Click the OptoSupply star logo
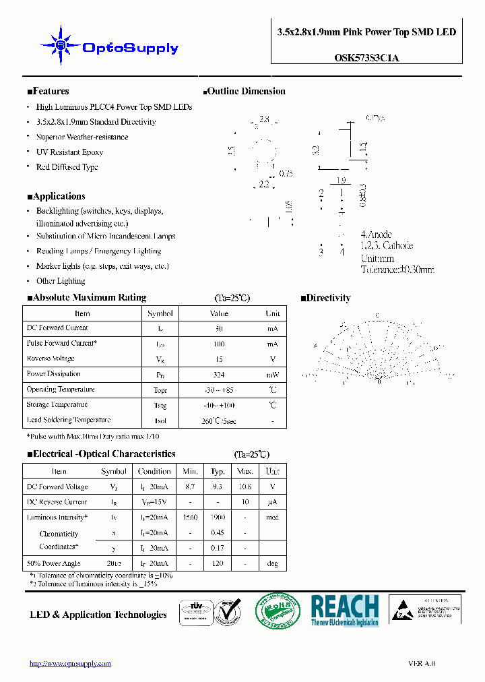point(61,46)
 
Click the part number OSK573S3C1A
point(367,58)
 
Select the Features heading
point(48,92)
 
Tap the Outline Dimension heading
point(244,92)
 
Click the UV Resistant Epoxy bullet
point(69,152)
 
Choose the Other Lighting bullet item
point(61,281)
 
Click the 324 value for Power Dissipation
point(219,375)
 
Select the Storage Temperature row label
point(57,405)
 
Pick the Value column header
point(219,313)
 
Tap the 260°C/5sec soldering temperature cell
point(219,421)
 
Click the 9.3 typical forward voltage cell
point(218,487)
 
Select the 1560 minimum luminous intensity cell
point(190,518)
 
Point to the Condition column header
point(154,472)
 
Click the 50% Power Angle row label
point(53,563)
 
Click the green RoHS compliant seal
point(277,611)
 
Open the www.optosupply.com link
point(70,664)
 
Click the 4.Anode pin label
point(376,235)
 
